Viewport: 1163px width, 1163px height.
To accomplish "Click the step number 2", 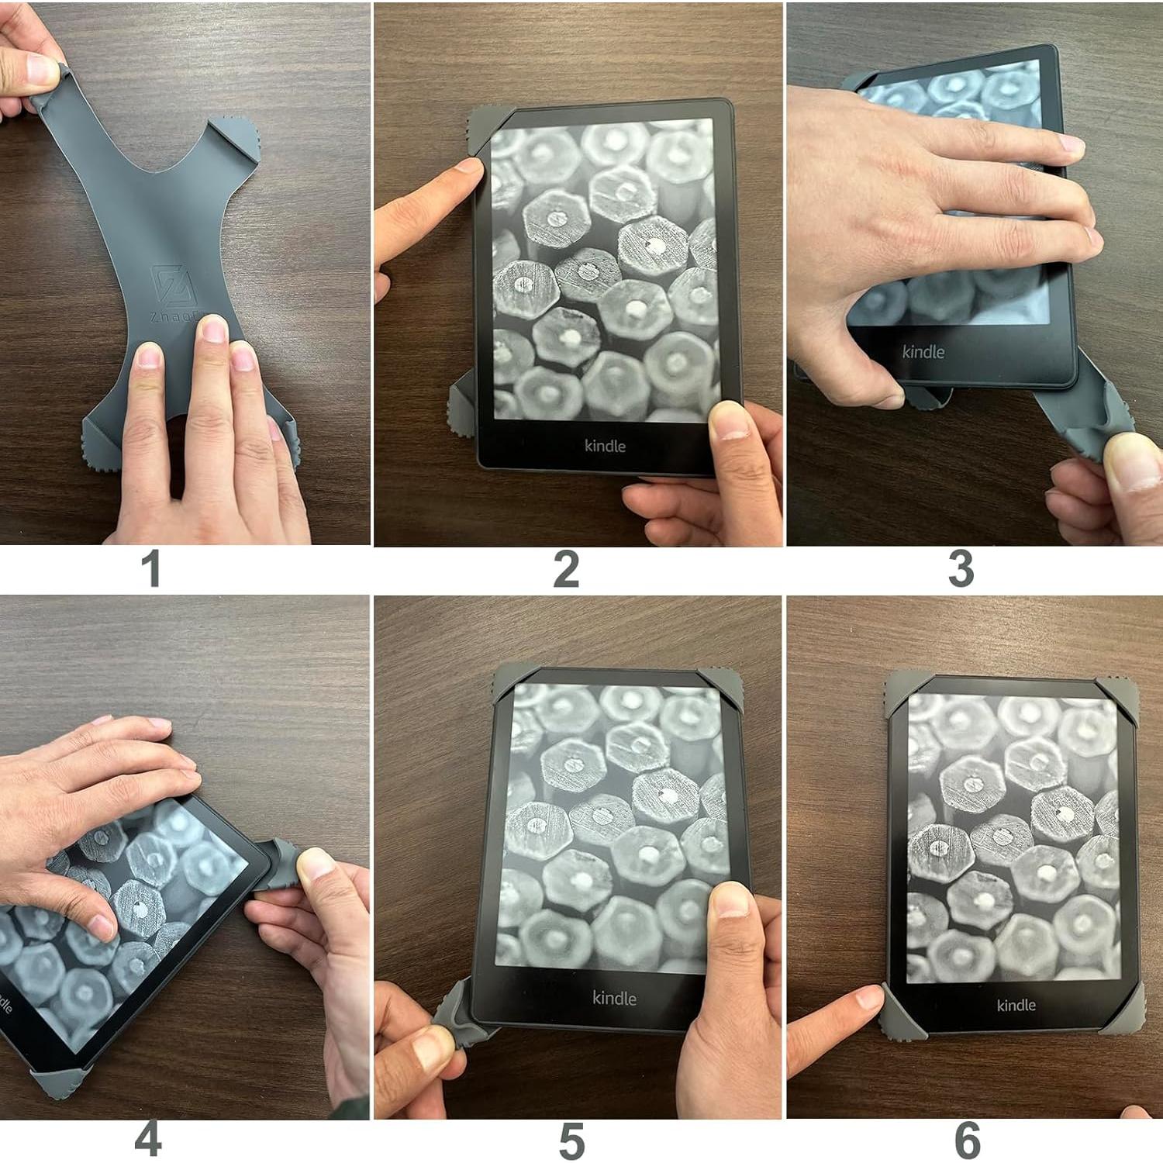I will click(x=566, y=570).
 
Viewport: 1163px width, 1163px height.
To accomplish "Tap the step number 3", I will click(x=961, y=570).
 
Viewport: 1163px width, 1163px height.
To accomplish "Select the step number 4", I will click(x=148, y=1139).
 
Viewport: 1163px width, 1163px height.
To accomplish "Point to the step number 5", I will click(x=571, y=1141).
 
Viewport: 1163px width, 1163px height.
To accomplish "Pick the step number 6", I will click(x=967, y=1141).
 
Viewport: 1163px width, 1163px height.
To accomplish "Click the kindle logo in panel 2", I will click(x=605, y=446).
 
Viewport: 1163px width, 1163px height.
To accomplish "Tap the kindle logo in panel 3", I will click(x=923, y=351).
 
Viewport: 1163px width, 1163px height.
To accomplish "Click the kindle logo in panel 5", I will click(x=614, y=998).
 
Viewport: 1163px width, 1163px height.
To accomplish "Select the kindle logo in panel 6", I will click(x=1016, y=1005).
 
